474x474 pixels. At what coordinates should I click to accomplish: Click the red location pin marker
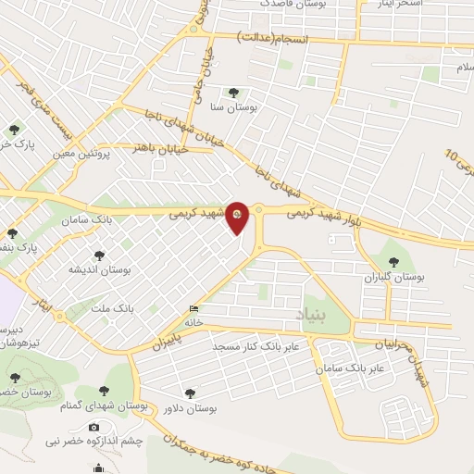(x=238, y=218)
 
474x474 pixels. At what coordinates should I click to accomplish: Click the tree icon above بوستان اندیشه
(x=99, y=256)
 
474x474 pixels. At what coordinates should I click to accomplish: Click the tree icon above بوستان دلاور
(x=191, y=393)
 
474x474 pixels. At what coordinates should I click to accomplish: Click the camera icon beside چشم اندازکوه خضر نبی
(x=94, y=427)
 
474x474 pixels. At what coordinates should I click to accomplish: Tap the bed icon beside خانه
(x=193, y=309)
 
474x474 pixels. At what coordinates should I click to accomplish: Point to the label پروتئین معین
(x=80, y=154)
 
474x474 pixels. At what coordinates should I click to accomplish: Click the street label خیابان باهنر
(x=161, y=147)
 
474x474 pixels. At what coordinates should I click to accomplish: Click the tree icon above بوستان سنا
(x=232, y=93)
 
